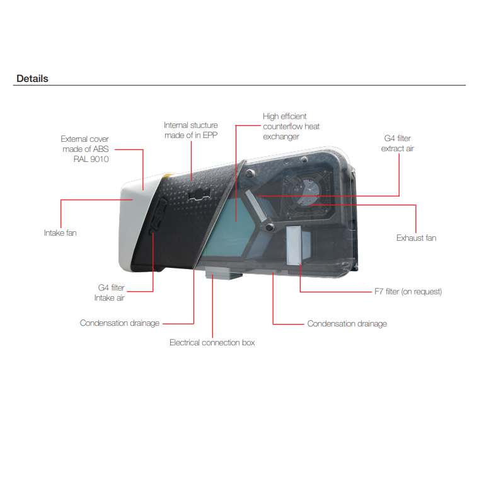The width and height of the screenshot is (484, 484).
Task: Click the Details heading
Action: pyautogui.click(x=32, y=78)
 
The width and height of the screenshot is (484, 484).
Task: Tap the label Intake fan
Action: pyautogui.click(x=60, y=233)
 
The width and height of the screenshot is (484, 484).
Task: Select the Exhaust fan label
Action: pyautogui.click(x=416, y=238)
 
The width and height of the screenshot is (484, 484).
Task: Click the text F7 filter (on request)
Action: pyautogui.click(x=408, y=291)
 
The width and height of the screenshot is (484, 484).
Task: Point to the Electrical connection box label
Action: pyautogui.click(x=212, y=342)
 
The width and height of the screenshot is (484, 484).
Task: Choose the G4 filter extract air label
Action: pyautogui.click(x=397, y=143)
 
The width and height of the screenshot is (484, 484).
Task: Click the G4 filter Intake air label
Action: pyautogui.click(x=109, y=292)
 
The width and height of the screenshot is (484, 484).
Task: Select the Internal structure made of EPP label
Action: pyautogui.click(x=191, y=130)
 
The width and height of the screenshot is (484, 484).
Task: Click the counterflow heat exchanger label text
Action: pyautogui.click(x=291, y=126)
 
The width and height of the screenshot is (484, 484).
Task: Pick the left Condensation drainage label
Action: pyautogui.click(x=120, y=323)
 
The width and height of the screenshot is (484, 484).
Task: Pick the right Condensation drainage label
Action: pyautogui.click(x=347, y=323)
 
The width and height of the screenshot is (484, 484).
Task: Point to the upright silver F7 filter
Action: pyautogui.click(x=294, y=245)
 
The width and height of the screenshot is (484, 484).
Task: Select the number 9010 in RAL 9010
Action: pyautogui.click(x=100, y=159)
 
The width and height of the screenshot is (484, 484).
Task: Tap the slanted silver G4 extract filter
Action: pyautogui.click(x=256, y=205)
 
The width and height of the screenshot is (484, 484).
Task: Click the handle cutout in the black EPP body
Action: pyautogui.click(x=199, y=195)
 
